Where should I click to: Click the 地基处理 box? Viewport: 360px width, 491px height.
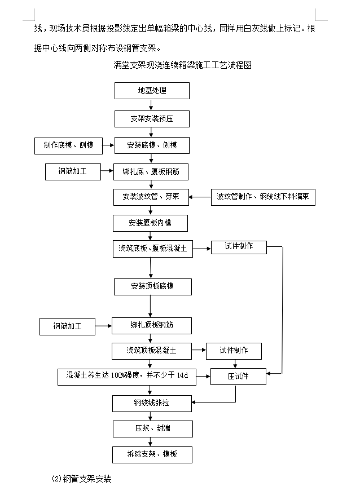[152, 91]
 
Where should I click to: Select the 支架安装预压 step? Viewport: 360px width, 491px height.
[152, 119]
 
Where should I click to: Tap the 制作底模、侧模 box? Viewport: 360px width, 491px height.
[69, 145]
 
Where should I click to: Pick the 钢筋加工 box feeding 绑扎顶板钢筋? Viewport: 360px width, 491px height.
[67, 326]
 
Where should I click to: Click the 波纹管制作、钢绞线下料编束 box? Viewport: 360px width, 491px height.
[263, 197]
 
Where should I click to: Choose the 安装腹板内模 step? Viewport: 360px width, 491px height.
[151, 223]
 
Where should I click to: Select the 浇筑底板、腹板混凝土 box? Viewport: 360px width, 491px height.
[153, 249]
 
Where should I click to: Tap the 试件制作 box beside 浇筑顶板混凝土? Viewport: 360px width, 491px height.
[234, 351]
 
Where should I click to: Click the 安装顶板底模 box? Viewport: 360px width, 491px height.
[153, 287]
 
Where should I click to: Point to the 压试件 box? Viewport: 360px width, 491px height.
[239, 377]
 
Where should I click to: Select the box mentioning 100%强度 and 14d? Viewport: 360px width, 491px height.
[127, 377]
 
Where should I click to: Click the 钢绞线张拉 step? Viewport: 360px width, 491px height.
[152, 403]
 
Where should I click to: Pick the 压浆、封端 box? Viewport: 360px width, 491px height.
[153, 429]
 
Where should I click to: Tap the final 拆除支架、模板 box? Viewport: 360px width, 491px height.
[152, 455]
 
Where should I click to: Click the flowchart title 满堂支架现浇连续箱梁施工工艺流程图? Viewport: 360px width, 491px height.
[183, 65]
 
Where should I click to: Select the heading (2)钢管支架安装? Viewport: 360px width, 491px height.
[81, 479]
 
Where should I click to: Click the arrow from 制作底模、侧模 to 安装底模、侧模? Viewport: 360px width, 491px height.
[108, 145]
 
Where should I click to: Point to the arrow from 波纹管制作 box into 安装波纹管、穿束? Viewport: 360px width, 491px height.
[200, 197]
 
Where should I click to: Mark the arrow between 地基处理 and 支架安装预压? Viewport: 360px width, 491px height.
[151, 105]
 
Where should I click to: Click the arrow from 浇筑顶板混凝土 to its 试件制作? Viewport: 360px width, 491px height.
[199, 350]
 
